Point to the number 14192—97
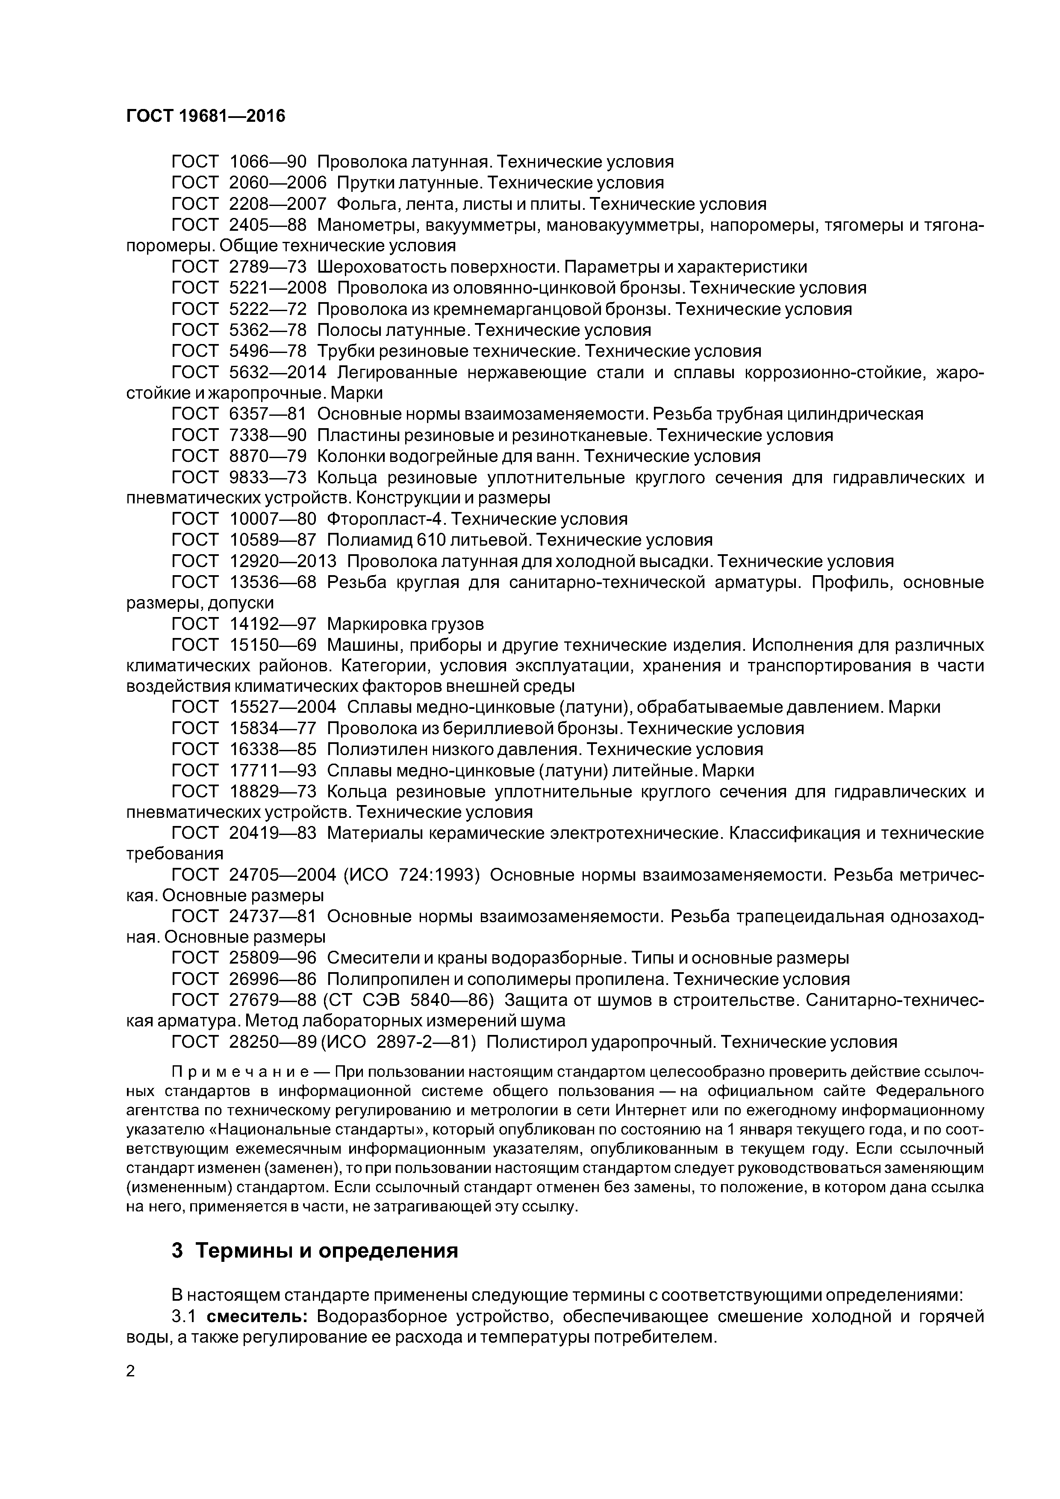point(273,624)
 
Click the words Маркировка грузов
point(405,624)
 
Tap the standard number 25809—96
point(273,958)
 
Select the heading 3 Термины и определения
point(315,1251)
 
